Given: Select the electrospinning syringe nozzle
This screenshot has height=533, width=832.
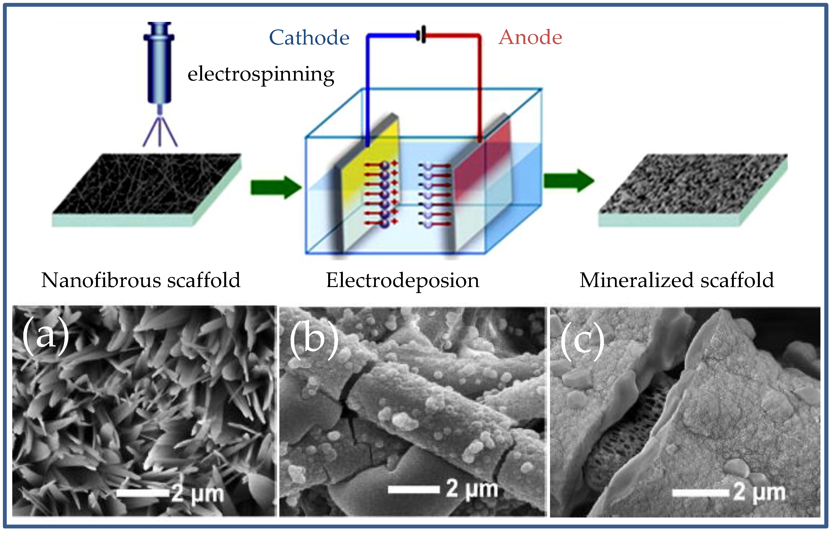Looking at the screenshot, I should coord(159,62).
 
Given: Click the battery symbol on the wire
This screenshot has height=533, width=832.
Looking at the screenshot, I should coord(422,35).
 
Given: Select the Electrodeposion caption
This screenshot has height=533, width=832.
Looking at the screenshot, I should coord(403,280).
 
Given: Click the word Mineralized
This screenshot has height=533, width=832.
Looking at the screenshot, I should coord(636,280).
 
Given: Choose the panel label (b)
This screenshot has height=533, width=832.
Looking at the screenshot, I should coord(314,339).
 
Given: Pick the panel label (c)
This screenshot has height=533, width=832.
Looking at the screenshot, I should coord(582,341).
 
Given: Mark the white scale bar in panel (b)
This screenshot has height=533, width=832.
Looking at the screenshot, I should coord(414,489).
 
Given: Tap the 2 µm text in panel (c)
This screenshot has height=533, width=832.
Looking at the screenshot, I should coord(759,492).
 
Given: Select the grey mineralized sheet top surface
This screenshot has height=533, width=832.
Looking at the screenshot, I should coord(693,183).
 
